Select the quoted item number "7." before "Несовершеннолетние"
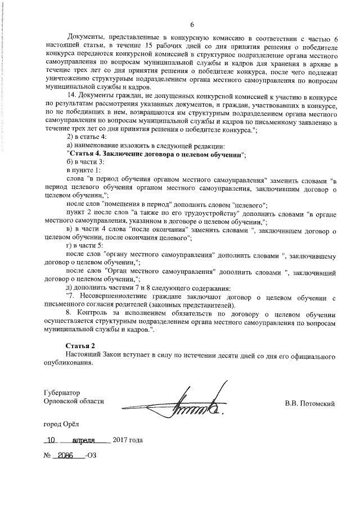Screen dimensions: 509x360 (x=71, y=296)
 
